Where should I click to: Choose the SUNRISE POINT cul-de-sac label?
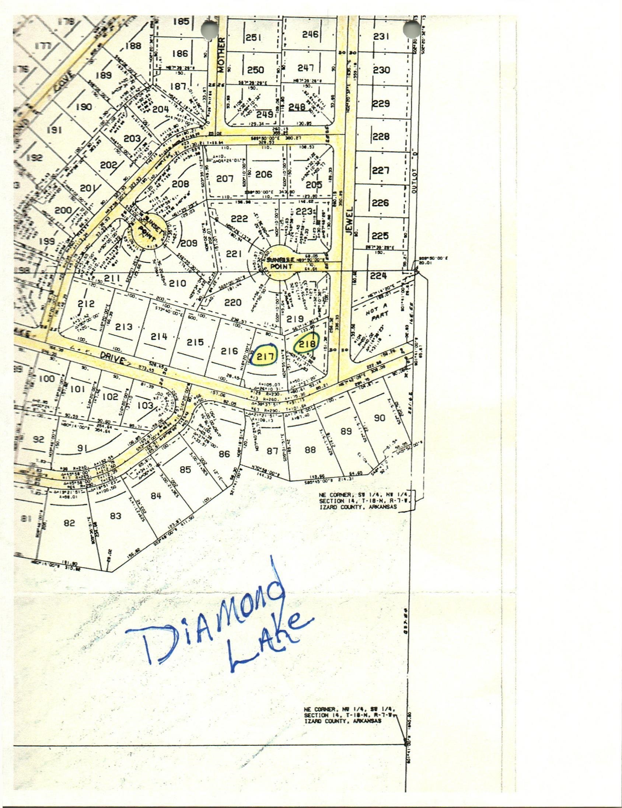(281, 263)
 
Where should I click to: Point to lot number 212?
(86, 303)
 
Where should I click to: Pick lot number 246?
(310, 34)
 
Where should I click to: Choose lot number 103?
(145, 405)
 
